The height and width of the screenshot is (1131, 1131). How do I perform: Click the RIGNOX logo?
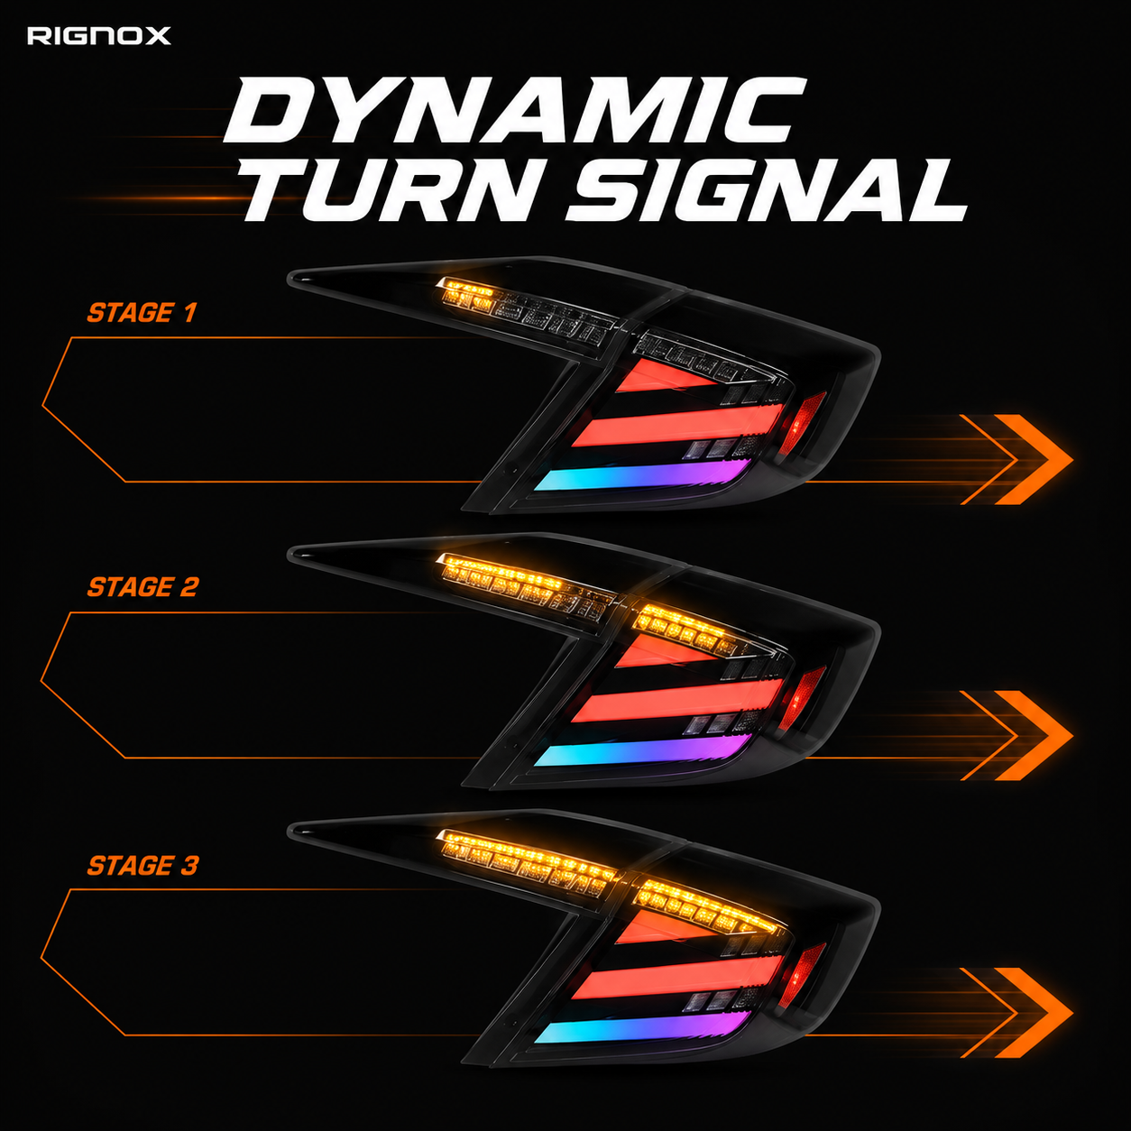point(98,36)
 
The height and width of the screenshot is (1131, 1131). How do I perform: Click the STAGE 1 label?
point(142,312)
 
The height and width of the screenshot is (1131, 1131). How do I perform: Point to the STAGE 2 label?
point(143,587)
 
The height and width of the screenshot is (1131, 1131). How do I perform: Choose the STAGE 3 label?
point(143,865)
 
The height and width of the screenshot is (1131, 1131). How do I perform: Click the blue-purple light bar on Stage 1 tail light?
point(642,474)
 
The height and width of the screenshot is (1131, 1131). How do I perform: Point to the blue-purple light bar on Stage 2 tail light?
point(642,750)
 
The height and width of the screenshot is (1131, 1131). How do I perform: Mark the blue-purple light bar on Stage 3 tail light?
point(642,1027)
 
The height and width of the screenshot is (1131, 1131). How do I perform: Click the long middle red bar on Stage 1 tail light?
point(678,425)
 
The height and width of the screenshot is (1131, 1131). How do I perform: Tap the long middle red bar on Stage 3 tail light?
point(678,978)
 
